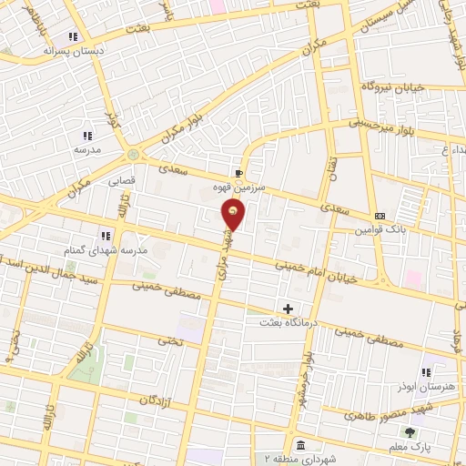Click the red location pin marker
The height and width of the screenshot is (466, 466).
point(234,214)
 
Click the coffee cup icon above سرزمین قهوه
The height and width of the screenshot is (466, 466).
point(238,172)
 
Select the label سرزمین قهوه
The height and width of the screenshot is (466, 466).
point(239,186)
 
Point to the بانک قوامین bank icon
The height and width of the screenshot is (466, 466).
point(380,216)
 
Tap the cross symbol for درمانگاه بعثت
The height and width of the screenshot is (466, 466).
point(289,309)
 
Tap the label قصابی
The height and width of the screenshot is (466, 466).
point(122,181)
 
